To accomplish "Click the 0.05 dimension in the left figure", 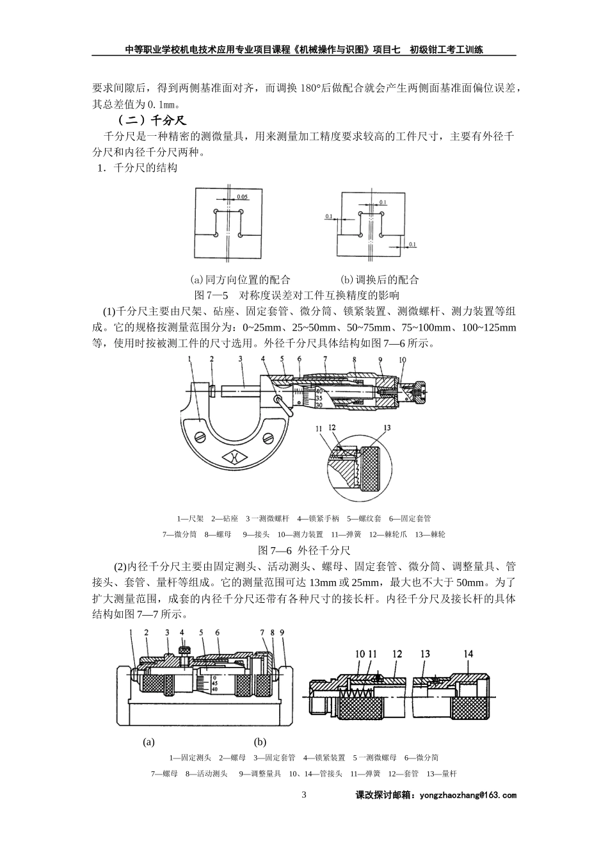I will (x=243, y=197).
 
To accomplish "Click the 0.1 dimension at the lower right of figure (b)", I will (x=412, y=245).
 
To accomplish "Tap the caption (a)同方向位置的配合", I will (x=241, y=279).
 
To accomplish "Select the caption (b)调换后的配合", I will (x=380, y=279).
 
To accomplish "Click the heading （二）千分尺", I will (x=151, y=120).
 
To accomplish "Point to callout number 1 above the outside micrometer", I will (x=190, y=361).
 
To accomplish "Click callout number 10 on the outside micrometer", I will (x=402, y=361).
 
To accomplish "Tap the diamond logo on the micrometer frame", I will (x=234, y=458).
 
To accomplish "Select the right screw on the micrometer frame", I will (x=268, y=438).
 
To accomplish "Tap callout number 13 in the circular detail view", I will (x=387, y=428).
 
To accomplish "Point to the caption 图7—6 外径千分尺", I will (x=303, y=550).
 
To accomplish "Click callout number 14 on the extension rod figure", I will (x=468, y=653).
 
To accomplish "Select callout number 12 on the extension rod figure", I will (x=397, y=653).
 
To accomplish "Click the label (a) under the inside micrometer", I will (x=148, y=742).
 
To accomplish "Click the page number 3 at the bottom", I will (x=304, y=795).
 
